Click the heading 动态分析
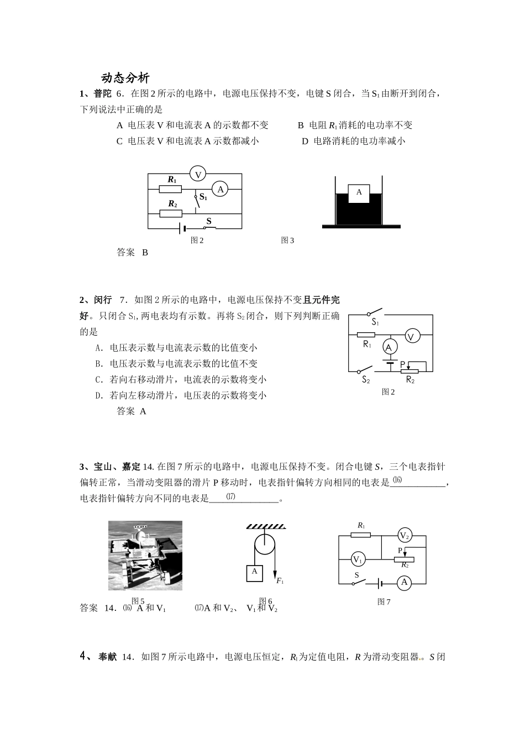click(125, 78)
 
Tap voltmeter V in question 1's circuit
click(198, 174)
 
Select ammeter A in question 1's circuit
click(221, 189)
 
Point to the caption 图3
click(287, 240)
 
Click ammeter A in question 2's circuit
click(390, 347)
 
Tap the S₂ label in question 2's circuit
click(366, 380)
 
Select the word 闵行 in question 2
click(103, 300)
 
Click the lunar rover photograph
click(145, 555)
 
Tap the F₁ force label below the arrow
click(280, 581)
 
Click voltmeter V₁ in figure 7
click(358, 559)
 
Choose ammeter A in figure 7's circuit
click(404, 583)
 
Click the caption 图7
click(384, 602)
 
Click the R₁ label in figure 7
click(361, 525)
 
